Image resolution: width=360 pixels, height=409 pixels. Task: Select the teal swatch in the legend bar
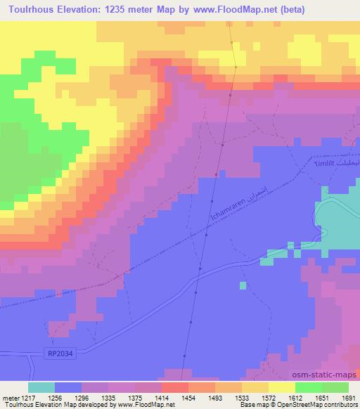coord(41,387)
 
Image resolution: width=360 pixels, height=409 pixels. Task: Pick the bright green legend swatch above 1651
coord(309,387)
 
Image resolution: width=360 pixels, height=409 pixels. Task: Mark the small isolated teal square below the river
coord(242,285)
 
